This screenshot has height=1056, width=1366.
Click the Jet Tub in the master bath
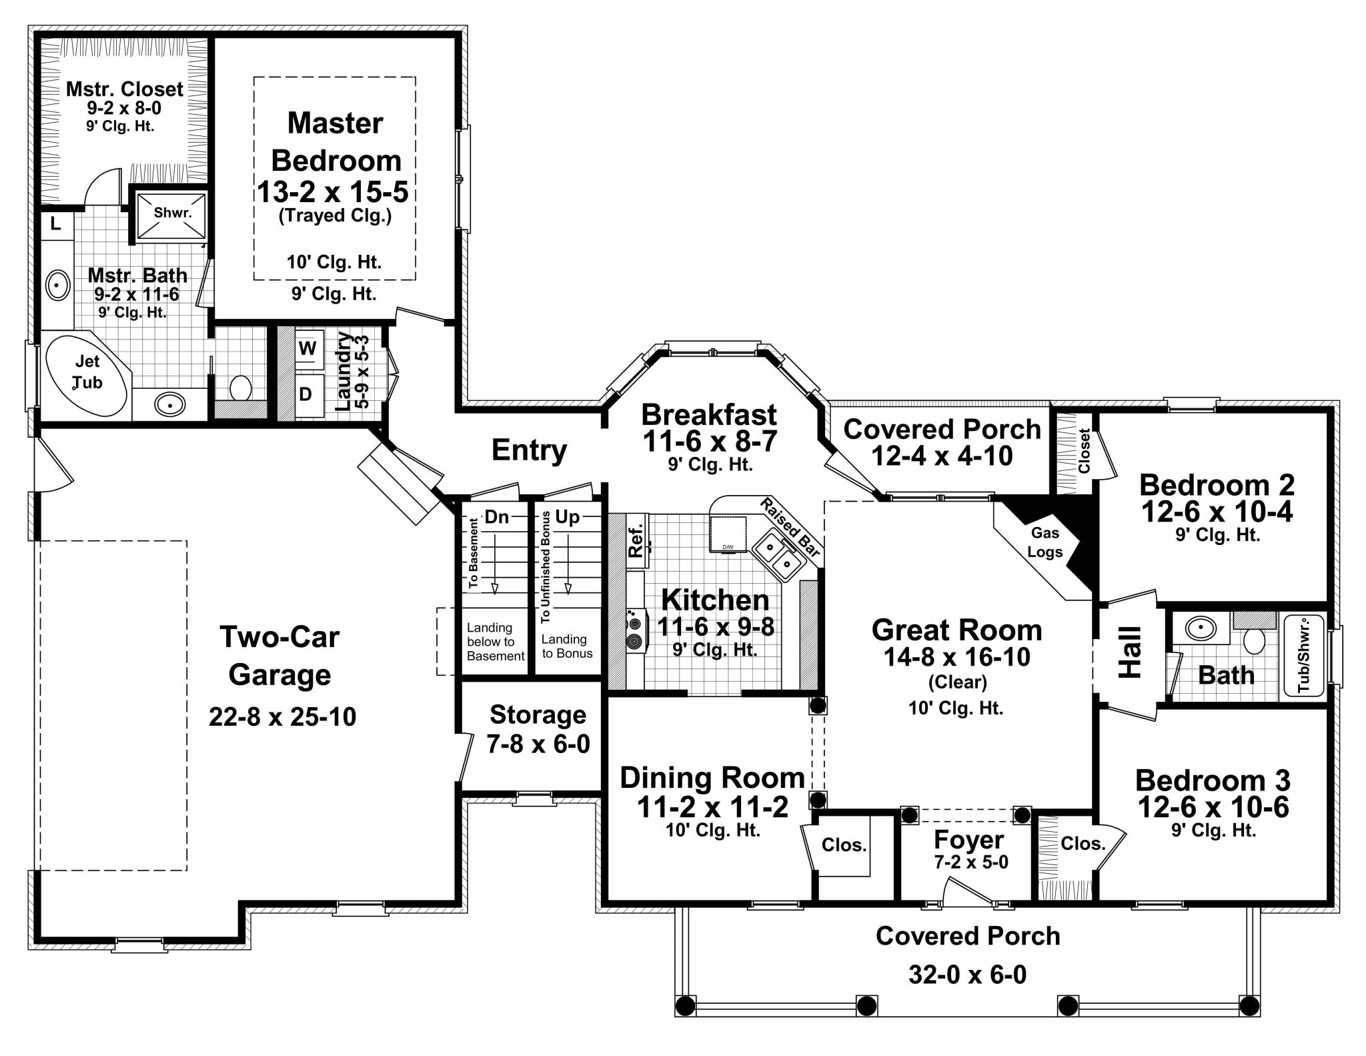point(87,372)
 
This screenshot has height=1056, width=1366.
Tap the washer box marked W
point(307,348)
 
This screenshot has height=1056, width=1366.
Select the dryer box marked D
point(305,394)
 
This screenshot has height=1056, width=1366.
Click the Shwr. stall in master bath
point(172,213)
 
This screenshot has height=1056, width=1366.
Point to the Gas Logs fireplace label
point(1045,542)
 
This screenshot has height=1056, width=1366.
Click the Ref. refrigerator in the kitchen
point(636,540)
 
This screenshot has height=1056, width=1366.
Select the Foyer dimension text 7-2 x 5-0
point(971,862)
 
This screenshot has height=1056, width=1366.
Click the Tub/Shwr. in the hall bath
point(1303,654)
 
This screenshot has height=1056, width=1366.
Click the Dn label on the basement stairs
point(496,516)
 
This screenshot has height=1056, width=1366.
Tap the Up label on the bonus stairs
point(568,516)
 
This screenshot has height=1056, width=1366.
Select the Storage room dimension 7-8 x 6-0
point(538,744)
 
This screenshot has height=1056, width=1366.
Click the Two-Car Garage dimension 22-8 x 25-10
point(282,717)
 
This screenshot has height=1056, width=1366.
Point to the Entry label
point(529,450)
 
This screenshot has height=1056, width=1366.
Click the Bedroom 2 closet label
point(1084,451)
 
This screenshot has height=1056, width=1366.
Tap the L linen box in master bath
point(56,224)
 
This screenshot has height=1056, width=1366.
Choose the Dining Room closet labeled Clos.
point(844,845)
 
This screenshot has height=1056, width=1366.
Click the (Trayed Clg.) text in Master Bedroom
point(335,215)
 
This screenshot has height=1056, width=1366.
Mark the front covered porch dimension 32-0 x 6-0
point(967,975)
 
